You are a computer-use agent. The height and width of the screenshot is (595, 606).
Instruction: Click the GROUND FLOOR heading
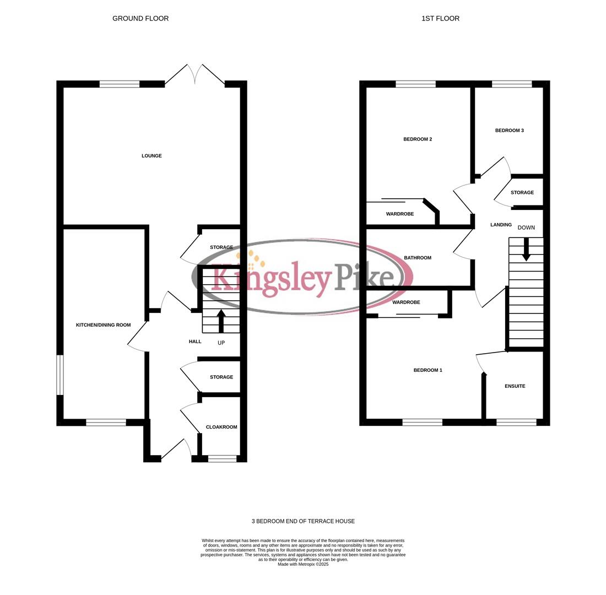(140, 19)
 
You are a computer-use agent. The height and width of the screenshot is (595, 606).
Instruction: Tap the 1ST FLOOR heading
(440, 19)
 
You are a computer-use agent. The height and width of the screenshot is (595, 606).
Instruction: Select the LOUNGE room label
(151, 156)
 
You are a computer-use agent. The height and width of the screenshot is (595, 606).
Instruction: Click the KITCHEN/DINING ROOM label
(103, 325)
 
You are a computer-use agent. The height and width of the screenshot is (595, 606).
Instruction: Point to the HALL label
(195, 342)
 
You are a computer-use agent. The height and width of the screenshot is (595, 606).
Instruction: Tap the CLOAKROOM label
(221, 427)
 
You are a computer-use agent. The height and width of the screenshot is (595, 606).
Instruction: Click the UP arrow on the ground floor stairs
(221, 321)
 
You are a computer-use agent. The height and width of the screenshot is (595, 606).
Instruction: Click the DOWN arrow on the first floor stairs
(526, 249)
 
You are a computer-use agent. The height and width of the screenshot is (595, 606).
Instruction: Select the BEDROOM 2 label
(418, 139)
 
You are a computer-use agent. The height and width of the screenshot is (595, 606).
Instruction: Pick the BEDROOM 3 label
(509, 131)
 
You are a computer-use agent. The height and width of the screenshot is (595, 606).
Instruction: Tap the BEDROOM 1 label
(428, 370)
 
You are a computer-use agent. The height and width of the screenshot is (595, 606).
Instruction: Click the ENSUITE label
(515, 386)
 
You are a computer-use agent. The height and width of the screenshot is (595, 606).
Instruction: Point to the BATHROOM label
(417, 258)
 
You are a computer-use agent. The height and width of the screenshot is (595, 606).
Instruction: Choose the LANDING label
(501, 225)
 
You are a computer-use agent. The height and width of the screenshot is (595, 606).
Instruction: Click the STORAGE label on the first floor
(522, 193)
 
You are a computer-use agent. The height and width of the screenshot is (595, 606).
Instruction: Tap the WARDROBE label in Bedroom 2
(399, 214)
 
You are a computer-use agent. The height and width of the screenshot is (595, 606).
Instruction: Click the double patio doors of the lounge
(195, 74)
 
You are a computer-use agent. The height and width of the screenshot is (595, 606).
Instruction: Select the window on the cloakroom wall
(222, 458)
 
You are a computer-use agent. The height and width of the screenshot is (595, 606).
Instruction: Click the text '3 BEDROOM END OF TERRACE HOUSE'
(303, 521)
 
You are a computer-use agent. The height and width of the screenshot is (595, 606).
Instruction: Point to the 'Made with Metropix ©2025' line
(303, 564)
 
